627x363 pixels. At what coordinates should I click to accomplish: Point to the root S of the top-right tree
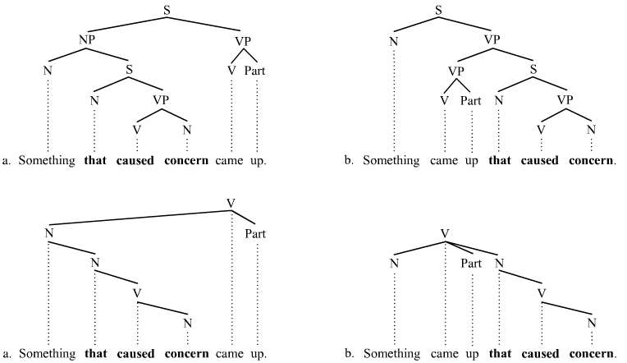pos(438,10)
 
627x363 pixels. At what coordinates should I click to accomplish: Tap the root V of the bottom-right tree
pos(444,233)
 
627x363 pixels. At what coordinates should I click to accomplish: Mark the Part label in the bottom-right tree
pos(471,264)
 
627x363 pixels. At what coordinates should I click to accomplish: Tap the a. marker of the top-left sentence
pos(8,160)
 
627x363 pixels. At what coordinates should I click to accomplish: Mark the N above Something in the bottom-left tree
pos(48,233)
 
